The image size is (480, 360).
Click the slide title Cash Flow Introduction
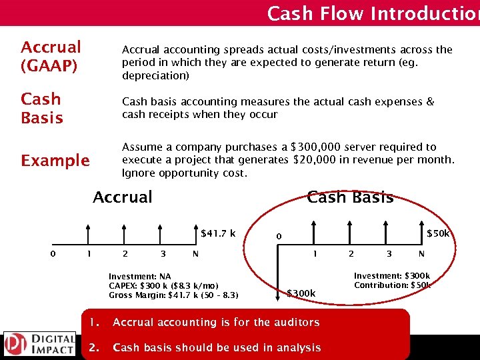[x=372, y=13]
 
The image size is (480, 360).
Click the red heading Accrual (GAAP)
[x=51, y=56]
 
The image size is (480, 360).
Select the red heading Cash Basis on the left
[x=41, y=109]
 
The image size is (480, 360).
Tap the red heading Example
[x=55, y=160]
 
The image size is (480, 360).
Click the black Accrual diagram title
[x=122, y=197]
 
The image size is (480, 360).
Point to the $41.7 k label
[x=218, y=233]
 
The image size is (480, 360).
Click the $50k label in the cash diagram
[x=439, y=233]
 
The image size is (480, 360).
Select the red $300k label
[x=301, y=293]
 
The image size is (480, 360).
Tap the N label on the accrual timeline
[x=195, y=254]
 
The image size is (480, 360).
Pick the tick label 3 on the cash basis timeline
[x=389, y=254]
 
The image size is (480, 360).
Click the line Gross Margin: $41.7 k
[x=173, y=295]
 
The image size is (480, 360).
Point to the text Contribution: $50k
[x=392, y=285]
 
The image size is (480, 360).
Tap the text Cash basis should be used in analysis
[x=217, y=347]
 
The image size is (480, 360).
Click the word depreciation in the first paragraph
[x=155, y=75]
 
